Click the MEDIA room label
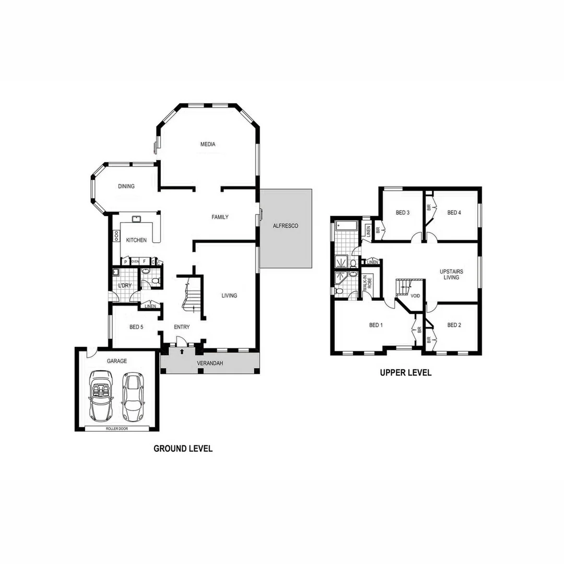tap(208, 145)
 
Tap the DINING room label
tap(126, 186)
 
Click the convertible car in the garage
tap(101, 395)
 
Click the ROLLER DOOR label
tap(116, 429)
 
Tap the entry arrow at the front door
tap(181, 352)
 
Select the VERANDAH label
tap(209, 363)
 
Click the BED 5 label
tap(136, 327)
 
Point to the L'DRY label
tap(124, 286)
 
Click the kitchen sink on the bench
tap(137, 219)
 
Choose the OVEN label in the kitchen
tap(135, 261)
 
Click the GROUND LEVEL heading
tap(183, 449)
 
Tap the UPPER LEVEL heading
tap(406, 373)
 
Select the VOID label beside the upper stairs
tap(415, 296)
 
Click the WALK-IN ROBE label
tap(367, 283)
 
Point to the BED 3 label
tap(402, 213)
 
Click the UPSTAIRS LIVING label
tap(451, 275)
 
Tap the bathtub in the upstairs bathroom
tap(346, 226)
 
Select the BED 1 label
tap(376, 325)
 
